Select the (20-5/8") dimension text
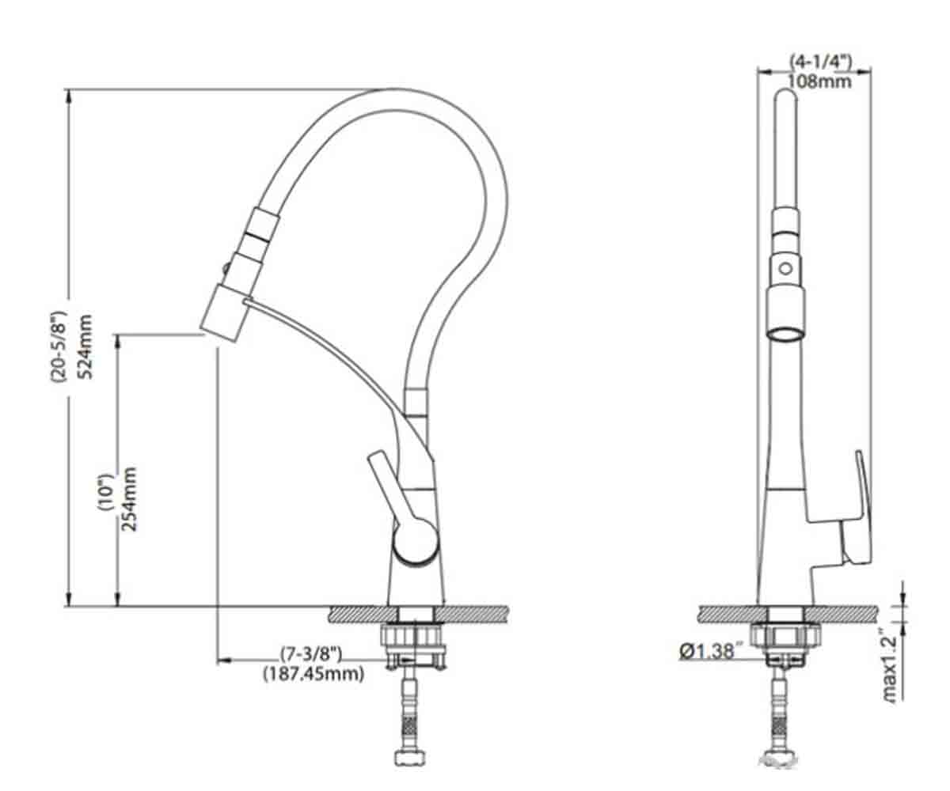59,348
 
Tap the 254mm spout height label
130,498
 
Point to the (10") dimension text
105,498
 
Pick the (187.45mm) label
314,674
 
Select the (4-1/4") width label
820,62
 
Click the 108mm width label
819,81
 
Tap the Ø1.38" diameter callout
707,652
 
